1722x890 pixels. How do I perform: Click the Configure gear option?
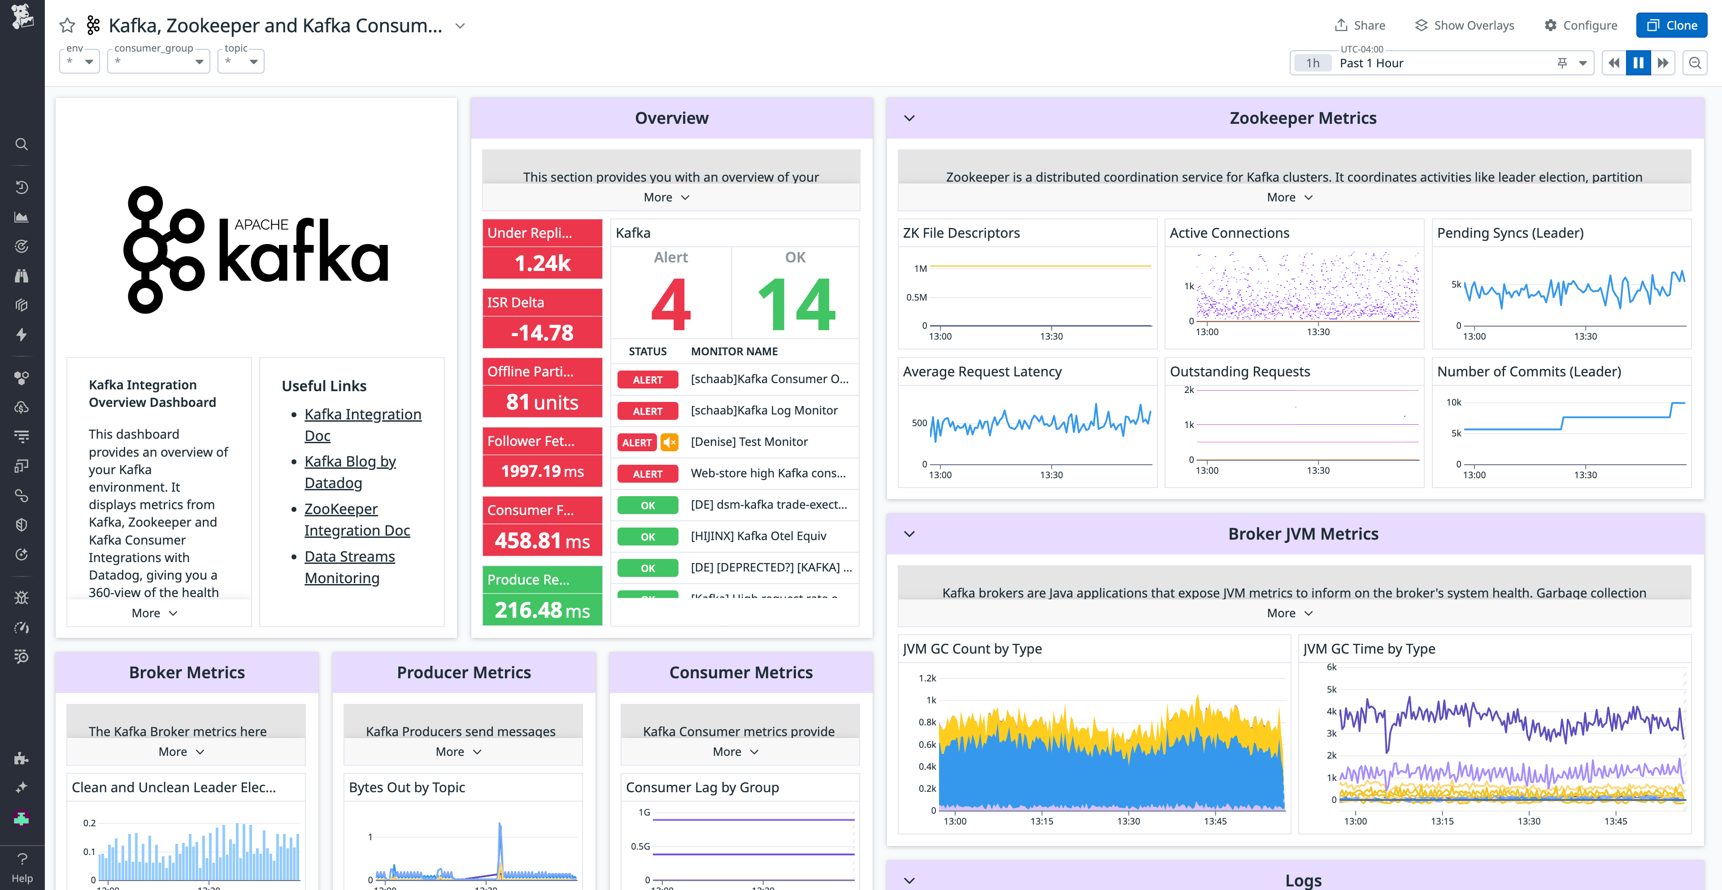click(1580, 26)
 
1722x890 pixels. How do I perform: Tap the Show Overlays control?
click(1465, 26)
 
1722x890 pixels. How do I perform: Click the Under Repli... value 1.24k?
click(542, 263)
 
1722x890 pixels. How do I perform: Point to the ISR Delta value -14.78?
click(542, 333)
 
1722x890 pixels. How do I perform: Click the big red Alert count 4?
click(670, 304)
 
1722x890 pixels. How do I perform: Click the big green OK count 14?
click(796, 304)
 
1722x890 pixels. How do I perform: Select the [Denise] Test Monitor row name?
click(749, 441)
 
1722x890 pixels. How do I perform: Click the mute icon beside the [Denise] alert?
click(669, 442)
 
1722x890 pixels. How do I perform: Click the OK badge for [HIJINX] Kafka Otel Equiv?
click(647, 536)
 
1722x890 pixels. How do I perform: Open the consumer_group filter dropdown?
click(158, 61)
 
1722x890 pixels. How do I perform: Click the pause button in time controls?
click(1638, 63)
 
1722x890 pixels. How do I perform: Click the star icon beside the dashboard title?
click(67, 26)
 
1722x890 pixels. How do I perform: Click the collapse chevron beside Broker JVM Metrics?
click(909, 534)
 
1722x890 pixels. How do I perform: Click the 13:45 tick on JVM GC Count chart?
click(1215, 820)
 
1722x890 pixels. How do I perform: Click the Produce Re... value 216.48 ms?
click(542, 610)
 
